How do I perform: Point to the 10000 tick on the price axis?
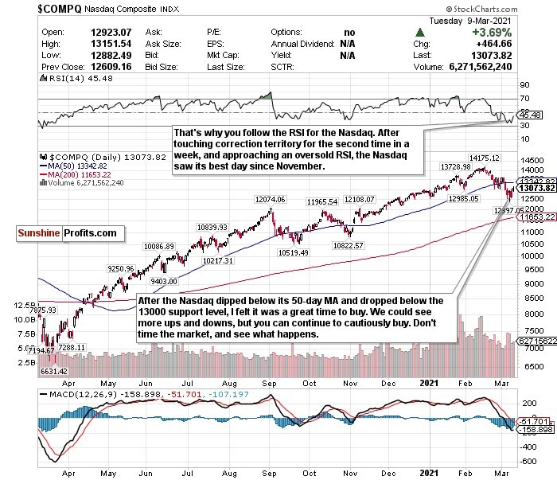(x=531, y=256)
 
